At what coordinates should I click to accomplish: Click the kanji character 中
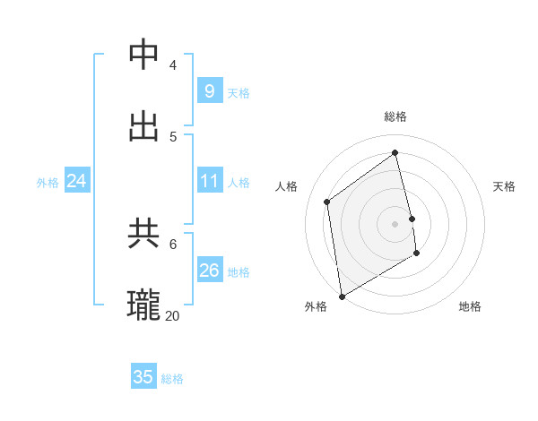coord(144,55)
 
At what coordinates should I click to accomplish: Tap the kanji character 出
coord(144,126)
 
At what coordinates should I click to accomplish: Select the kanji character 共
coord(144,234)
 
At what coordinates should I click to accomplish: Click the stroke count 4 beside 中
coord(173,64)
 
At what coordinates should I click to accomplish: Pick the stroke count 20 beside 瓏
coord(173,315)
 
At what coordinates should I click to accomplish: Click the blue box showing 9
coord(209,90)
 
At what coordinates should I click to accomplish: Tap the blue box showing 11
coord(209,181)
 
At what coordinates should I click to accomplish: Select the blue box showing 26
coord(209,271)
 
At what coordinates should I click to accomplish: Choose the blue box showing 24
coord(76,181)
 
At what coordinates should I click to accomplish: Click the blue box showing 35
coord(143,377)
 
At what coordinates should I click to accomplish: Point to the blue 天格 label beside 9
coord(239,93)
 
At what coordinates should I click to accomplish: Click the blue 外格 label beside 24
coord(48,183)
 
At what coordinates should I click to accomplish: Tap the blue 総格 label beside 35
coord(172,379)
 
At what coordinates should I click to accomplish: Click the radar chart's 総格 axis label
coord(395,116)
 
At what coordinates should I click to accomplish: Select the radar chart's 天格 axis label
coord(504,186)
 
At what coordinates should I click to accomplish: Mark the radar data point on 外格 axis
coord(342,296)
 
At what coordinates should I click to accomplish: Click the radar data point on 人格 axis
coord(327,202)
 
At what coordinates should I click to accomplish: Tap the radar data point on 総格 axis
coord(395,153)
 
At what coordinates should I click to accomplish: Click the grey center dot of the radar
coord(395,224)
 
